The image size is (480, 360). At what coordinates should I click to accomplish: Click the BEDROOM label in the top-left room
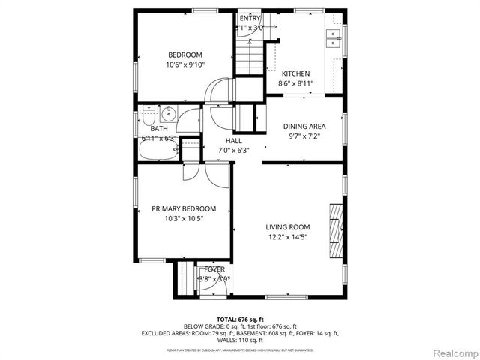[184, 55]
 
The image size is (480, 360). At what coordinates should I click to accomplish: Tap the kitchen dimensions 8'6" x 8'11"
[295, 83]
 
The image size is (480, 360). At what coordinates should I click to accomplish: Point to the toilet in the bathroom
[148, 118]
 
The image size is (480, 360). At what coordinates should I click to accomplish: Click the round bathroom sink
[168, 115]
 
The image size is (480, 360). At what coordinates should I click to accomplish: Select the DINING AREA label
[303, 127]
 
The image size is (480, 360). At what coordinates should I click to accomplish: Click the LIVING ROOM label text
[287, 227]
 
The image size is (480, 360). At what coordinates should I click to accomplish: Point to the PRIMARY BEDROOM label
[184, 208]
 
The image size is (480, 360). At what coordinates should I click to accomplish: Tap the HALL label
[234, 140]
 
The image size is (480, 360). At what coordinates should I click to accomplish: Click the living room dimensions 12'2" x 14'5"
[287, 237]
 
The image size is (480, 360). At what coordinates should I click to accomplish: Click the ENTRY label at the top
[250, 17]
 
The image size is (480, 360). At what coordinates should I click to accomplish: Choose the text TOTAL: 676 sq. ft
[239, 319]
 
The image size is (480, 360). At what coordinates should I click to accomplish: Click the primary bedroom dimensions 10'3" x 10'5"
[184, 218]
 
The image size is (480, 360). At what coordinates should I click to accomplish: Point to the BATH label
[148, 129]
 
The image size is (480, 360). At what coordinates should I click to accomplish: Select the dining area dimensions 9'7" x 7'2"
[303, 137]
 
